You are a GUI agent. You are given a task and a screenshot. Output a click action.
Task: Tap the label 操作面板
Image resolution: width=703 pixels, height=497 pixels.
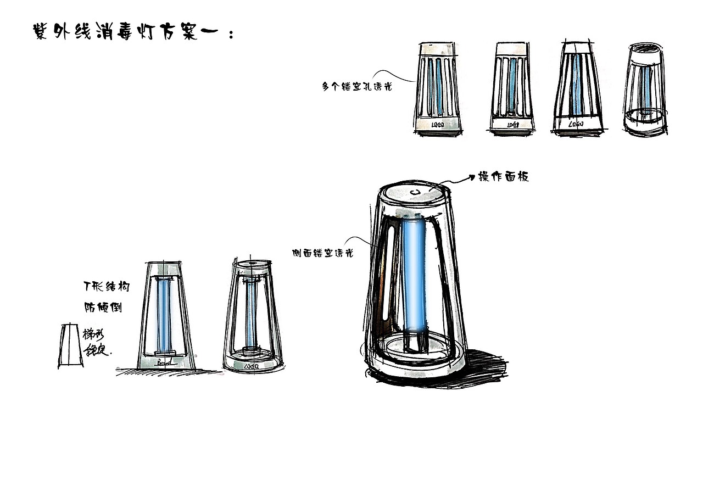pyautogui.click(x=503, y=177)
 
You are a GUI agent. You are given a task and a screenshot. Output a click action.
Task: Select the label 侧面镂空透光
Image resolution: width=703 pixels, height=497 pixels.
pyautogui.click(x=322, y=253)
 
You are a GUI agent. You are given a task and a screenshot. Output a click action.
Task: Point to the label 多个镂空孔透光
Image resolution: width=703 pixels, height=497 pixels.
pyautogui.click(x=356, y=86)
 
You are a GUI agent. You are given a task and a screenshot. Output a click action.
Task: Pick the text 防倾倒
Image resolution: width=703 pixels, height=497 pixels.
pyautogui.click(x=103, y=307)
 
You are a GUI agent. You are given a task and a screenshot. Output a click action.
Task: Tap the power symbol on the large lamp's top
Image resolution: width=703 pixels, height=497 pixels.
pyautogui.click(x=417, y=192)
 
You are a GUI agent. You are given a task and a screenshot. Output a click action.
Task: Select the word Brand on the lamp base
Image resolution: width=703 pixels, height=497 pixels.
pyautogui.click(x=164, y=362)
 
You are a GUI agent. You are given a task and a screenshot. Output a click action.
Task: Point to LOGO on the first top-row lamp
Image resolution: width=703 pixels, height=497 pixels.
pyautogui.click(x=438, y=126)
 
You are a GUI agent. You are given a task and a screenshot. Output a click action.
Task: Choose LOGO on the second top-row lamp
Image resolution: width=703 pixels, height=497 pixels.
pyautogui.click(x=512, y=125)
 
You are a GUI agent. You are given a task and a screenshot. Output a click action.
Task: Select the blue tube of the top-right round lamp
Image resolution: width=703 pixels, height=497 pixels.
pyautogui.click(x=646, y=88)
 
